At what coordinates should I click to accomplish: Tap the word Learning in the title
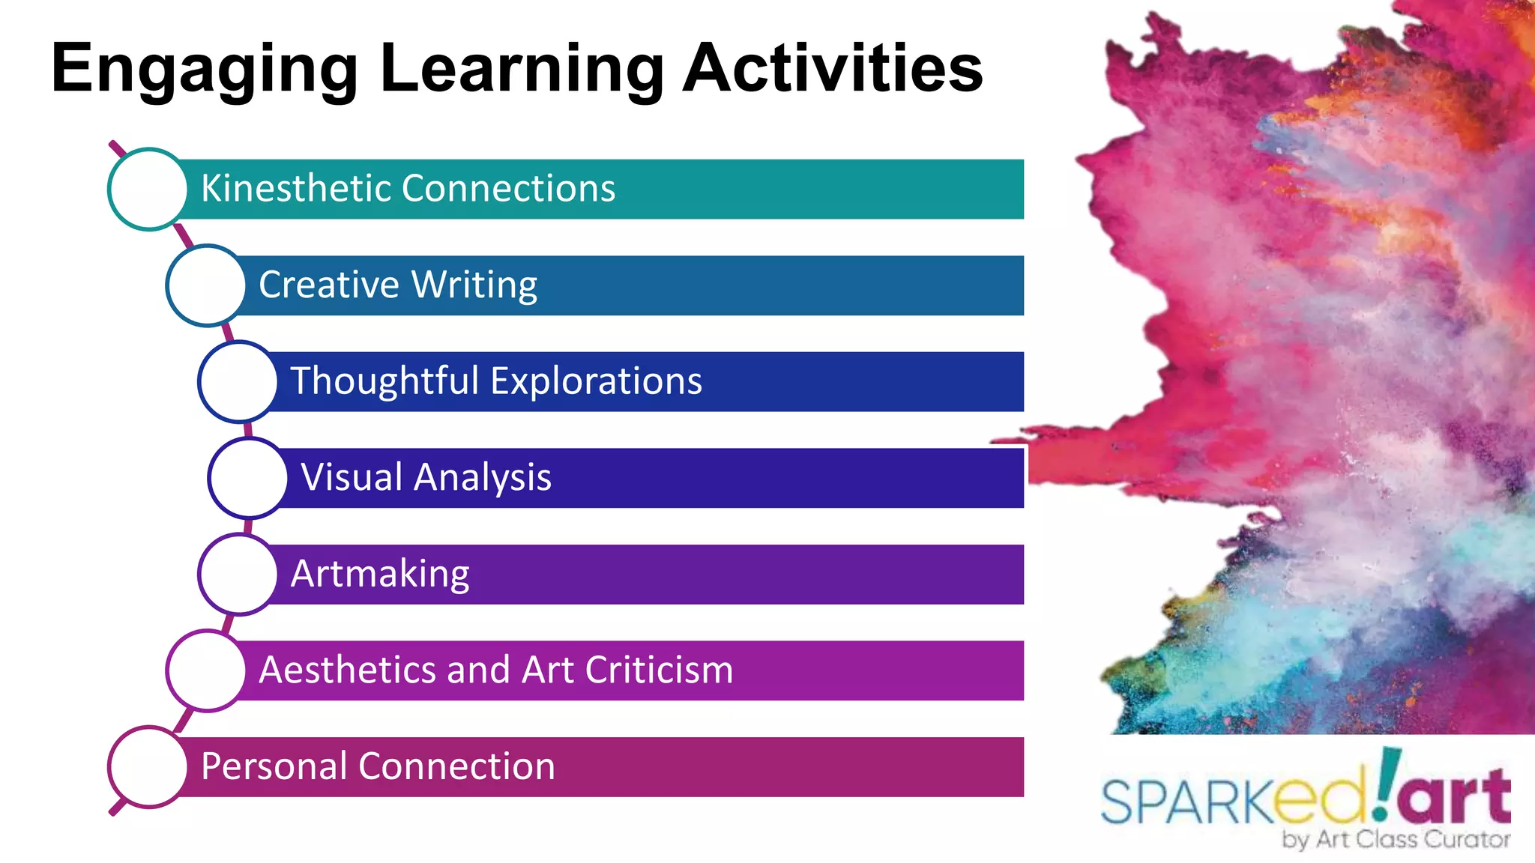click(x=522, y=69)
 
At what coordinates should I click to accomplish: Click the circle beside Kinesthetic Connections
click(x=148, y=189)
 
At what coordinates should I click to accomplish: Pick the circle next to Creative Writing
click(x=206, y=285)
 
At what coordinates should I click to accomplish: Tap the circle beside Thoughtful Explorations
click(x=238, y=381)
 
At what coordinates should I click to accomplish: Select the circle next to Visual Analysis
click(x=248, y=478)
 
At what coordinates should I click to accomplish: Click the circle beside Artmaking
click(x=238, y=575)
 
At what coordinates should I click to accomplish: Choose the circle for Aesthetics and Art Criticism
click(x=206, y=670)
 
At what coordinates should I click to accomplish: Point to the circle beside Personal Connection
click(x=148, y=767)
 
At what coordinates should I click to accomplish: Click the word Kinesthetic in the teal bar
click(x=295, y=188)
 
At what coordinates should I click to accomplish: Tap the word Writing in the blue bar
click(x=474, y=285)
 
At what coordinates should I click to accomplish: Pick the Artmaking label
click(x=380, y=575)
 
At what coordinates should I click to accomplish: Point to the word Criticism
click(x=659, y=670)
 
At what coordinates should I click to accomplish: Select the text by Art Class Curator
click(x=1396, y=840)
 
